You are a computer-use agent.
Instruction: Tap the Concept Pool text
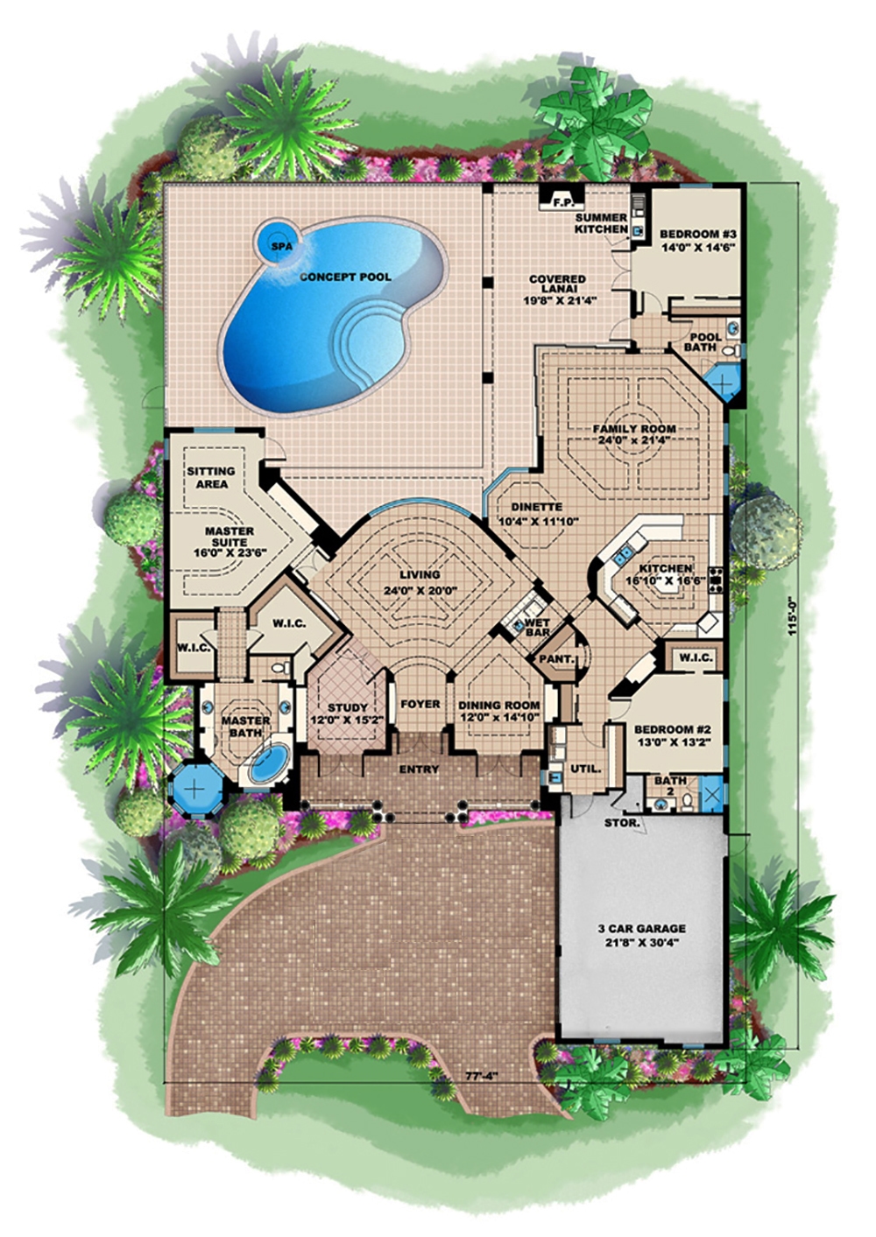345,278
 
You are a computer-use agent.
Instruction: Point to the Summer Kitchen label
601,223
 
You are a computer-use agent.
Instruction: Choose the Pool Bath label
705,341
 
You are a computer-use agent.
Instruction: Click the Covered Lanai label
557,285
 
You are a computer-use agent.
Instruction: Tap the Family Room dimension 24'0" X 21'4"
633,441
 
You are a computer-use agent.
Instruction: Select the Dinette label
536,507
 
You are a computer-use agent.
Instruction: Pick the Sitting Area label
211,477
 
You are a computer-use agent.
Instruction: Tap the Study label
348,707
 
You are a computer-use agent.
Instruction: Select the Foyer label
420,704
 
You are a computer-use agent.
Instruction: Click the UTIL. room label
585,769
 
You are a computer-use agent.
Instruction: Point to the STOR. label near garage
622,824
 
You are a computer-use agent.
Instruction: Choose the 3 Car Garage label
642,929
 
